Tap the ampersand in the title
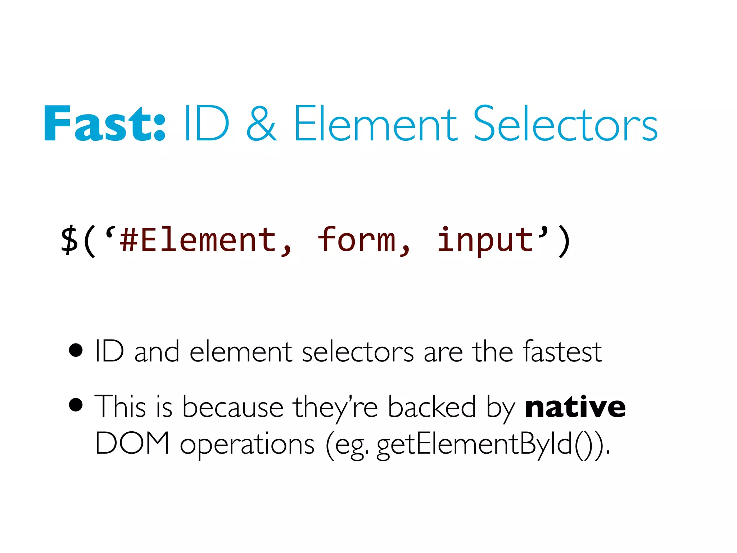coord(262,124)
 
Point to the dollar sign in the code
coord(69,240)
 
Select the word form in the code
coord(356,240)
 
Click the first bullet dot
coord(76,350)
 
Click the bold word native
coord(575,407)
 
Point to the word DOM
coord(132,443)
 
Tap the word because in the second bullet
coord(233,407)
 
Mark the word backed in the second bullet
coord(432,407)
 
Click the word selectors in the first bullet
coord(358,352)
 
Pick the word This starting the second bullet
coord(121,407)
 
